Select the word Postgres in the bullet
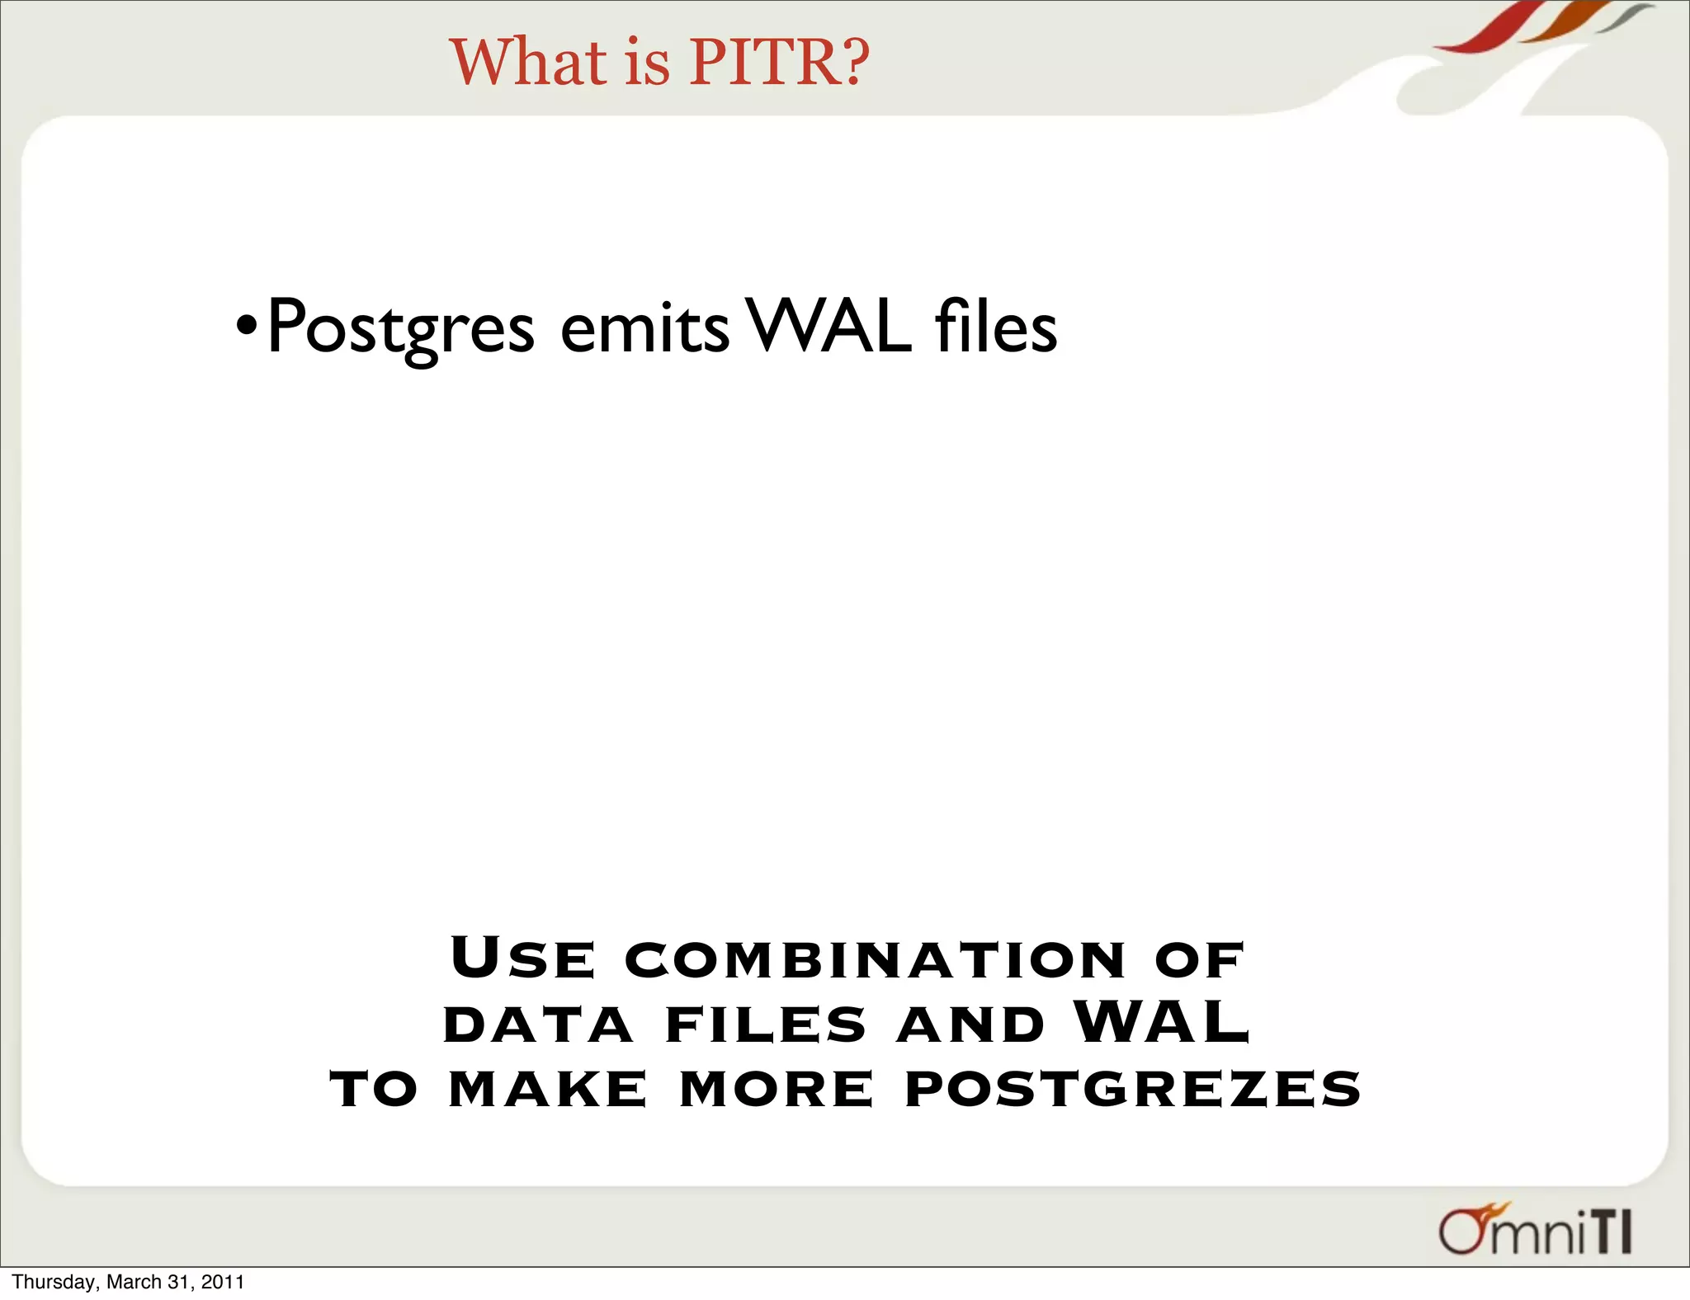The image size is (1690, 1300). point(401,327)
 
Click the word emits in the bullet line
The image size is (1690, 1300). point(644,327)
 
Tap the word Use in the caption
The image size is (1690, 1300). point(522,959)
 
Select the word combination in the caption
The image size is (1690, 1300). point(875,960)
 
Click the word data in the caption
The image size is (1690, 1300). point(538,1025)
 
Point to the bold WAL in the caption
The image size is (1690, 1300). point(1162,1023)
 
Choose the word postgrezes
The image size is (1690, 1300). point(1132,1089)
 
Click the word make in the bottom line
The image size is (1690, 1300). point(548,1089)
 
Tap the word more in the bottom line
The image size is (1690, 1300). point(776,1089)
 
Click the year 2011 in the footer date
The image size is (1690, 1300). point(223,1282)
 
